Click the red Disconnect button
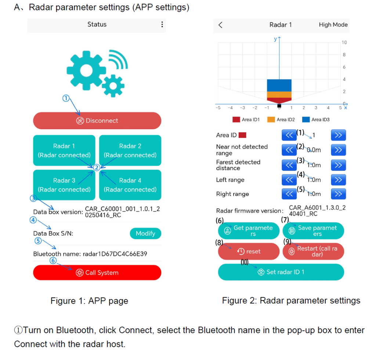97,120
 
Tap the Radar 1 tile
64,150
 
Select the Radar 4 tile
130,185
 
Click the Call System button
97,273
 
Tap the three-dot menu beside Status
162,25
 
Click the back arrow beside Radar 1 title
220,25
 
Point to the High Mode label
333,25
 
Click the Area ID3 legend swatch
306,119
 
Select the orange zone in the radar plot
279,94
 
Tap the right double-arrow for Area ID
338,135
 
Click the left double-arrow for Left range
289,180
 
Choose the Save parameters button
313,231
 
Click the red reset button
249,251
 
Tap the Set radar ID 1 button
281,272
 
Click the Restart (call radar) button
313,251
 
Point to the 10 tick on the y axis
344,43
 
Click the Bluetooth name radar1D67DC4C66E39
90,254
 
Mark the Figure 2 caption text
291,300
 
